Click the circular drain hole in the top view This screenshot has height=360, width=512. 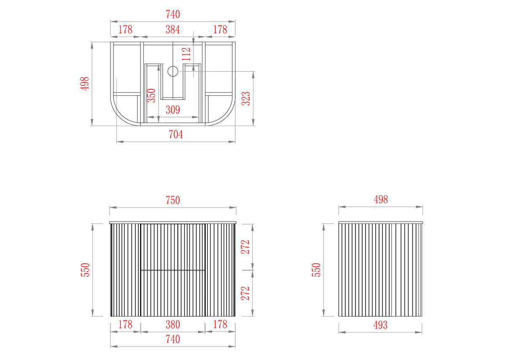173,71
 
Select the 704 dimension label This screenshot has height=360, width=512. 176,134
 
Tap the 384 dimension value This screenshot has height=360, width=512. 173,30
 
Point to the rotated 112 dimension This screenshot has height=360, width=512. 186,54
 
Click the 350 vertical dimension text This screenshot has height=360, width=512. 151,96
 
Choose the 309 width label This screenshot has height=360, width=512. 173,110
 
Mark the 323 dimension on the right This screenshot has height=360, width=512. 246,99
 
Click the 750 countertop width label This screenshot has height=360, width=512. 173,200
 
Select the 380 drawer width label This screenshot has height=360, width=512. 173,325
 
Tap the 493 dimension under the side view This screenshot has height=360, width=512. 380,325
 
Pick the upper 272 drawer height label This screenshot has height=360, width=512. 245,247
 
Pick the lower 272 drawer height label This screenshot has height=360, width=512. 245,293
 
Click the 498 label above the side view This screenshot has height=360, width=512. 381,200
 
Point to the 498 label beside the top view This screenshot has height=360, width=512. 85,84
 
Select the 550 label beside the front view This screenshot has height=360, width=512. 85,270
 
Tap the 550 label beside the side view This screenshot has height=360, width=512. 316,270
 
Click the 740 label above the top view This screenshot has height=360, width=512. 173,14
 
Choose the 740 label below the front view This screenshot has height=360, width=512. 173,339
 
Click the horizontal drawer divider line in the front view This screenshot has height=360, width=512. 173,270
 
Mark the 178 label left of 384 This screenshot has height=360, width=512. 125,30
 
